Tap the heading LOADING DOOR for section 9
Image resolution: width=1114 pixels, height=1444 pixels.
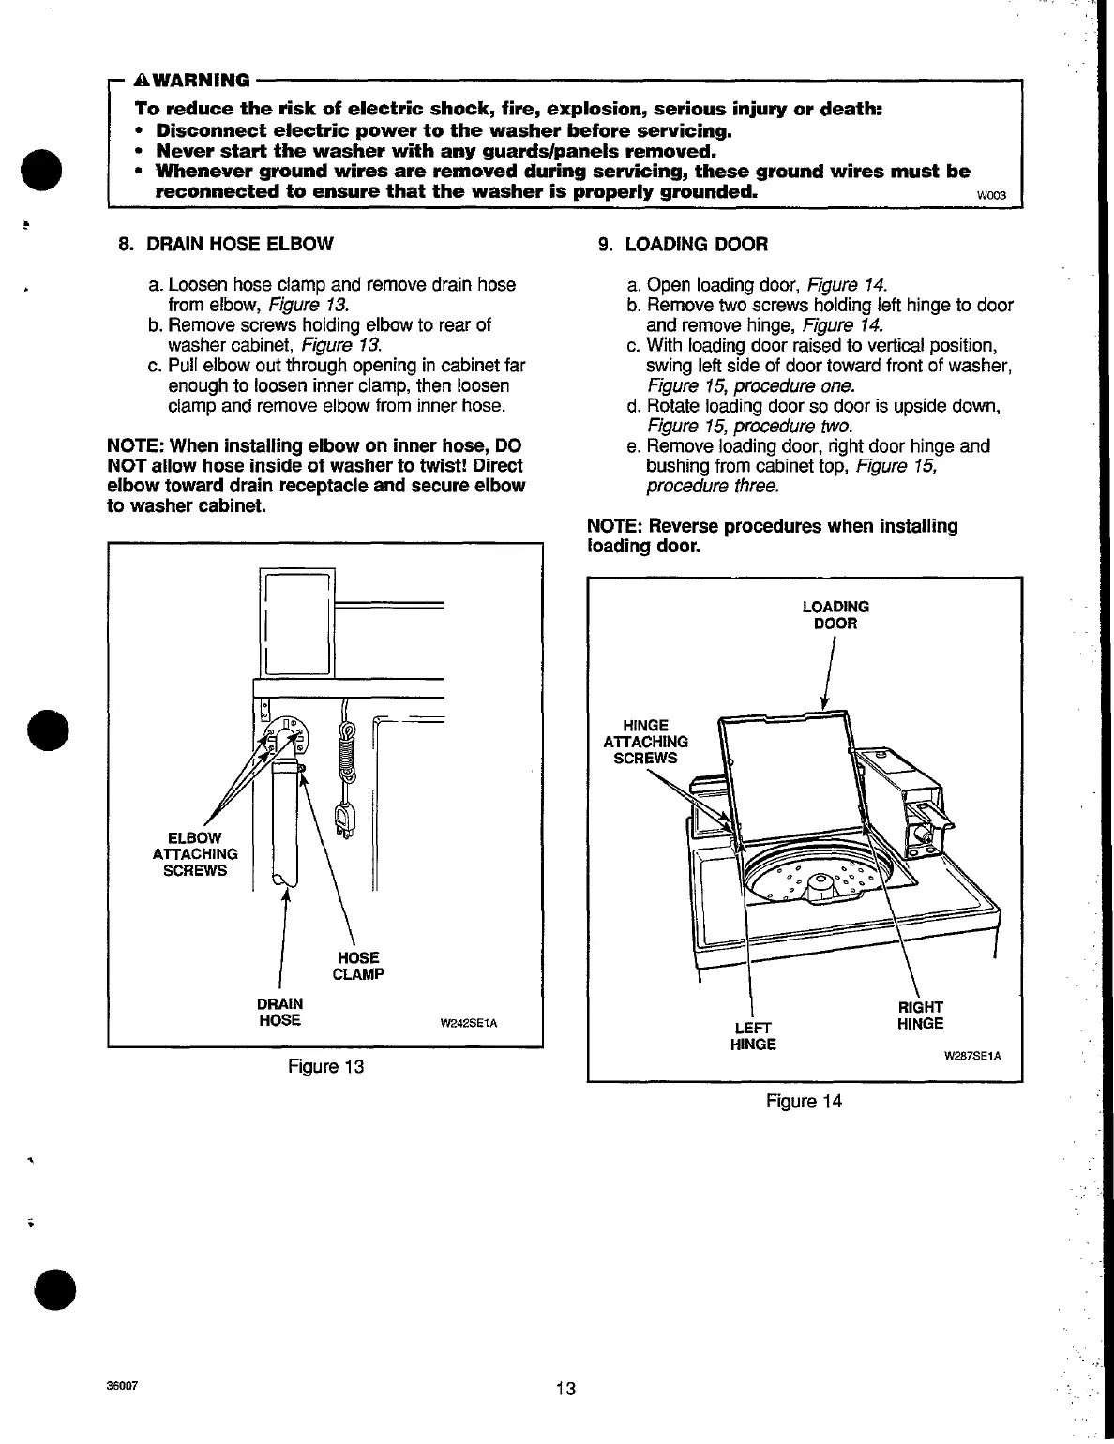696,245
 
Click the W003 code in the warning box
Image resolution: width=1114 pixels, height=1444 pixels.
991,196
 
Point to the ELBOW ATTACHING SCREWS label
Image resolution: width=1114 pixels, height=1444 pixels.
195,853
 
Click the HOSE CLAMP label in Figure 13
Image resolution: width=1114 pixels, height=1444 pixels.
358,966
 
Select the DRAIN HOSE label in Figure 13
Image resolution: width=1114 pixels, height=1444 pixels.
279,1012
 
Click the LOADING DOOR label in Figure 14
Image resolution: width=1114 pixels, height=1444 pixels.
835,615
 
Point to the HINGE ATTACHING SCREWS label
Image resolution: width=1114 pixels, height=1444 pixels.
645,742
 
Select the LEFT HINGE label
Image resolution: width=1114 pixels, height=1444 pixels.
753,1034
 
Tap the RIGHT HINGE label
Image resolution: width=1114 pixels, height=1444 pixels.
921,1015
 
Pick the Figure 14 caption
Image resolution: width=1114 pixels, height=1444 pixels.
804,1101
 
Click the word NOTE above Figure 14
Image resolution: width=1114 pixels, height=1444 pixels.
615,526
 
